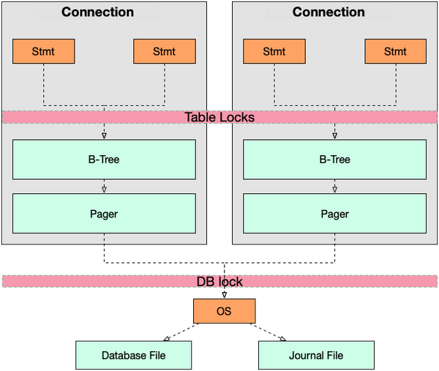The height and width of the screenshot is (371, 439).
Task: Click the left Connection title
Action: pos(97,12)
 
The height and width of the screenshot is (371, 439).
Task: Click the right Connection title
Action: pos(329,12)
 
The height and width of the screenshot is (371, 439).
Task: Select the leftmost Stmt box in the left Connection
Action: pos(44,51)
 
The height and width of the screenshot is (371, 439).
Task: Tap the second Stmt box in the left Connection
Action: pos(165,51)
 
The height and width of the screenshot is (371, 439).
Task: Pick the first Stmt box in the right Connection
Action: pos(274,51)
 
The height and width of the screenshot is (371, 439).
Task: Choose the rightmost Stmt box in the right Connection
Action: pos(395,51)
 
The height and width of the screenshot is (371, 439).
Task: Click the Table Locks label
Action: pos(219,117)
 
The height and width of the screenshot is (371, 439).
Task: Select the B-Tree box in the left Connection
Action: pos(104,160)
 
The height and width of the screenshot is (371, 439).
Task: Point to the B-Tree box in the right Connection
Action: pos(335,160)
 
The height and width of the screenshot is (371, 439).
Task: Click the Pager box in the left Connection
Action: pos(104,214)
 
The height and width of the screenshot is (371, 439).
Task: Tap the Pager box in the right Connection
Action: pos(335,214)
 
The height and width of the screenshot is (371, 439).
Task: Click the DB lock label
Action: pos(219,281)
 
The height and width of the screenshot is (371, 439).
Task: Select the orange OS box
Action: pos(224,311)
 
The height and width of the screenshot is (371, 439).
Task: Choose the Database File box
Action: pos(133,356)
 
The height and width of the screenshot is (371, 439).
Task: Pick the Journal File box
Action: pos(316,356)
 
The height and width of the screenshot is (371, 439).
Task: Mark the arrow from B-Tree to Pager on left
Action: pos(104,187)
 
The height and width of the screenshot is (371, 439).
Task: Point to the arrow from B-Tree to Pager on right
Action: pos(335,187)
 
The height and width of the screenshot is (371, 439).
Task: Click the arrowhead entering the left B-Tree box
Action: pos(104,135)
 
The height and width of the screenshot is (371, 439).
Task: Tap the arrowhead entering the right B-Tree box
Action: pos(335,135)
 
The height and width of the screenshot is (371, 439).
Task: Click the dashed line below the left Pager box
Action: pos(104,239)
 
